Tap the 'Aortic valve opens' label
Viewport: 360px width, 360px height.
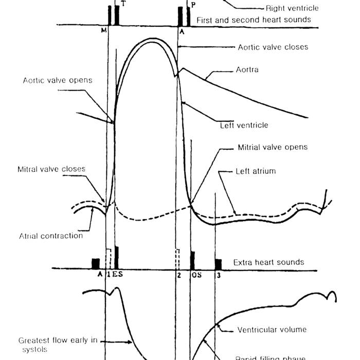pos(58,80)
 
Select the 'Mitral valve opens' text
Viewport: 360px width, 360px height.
pos(273,147)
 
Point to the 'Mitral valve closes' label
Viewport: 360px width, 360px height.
pos(51,169)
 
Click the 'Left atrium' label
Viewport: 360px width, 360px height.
pos(255,171)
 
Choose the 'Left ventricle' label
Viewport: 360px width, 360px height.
pos(244,125)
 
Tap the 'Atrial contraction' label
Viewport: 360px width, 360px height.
pos(50,236)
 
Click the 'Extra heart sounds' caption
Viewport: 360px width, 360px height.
pos(268,262)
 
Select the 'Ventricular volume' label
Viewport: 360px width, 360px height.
pos(272,329)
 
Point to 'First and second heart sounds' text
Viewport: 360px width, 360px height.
pos(254,20)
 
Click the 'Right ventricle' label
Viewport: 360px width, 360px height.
pos(292,8)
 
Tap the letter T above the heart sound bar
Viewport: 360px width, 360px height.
pos(121,3)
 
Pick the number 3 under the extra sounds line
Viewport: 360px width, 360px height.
pos(218,275)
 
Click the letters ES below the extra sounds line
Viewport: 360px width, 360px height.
pos(117,275)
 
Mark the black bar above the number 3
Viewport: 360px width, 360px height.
pos(218,264)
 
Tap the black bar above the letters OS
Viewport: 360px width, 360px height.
pos(192,260)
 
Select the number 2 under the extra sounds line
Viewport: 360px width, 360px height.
pos(178,275)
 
